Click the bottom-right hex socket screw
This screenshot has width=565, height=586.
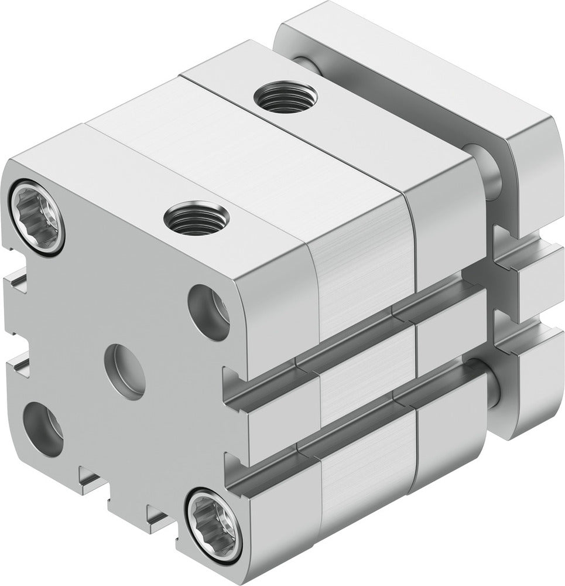[x=214, y=517]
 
